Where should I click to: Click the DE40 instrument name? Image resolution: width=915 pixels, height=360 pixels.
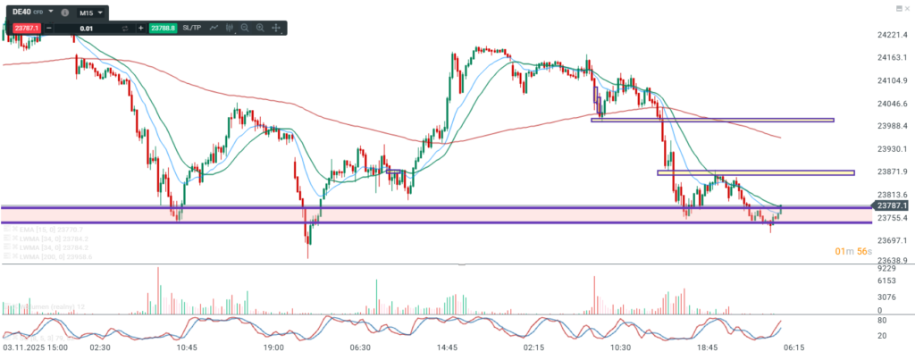click(x=22, y=13)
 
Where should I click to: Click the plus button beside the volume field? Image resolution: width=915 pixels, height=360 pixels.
click(x=139, y=29)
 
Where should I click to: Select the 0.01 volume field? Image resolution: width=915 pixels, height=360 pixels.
click(x=87, y=29)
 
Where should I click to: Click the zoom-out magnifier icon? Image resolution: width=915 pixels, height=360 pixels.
click(x=245, y=29)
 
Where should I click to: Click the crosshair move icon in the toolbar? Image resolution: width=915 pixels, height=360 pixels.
click(x=275, y=29)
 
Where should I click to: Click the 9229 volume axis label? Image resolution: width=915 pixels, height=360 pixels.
click(x=886, y=268)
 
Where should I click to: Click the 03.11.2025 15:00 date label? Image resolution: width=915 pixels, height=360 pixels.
click(x=35, y=347)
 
